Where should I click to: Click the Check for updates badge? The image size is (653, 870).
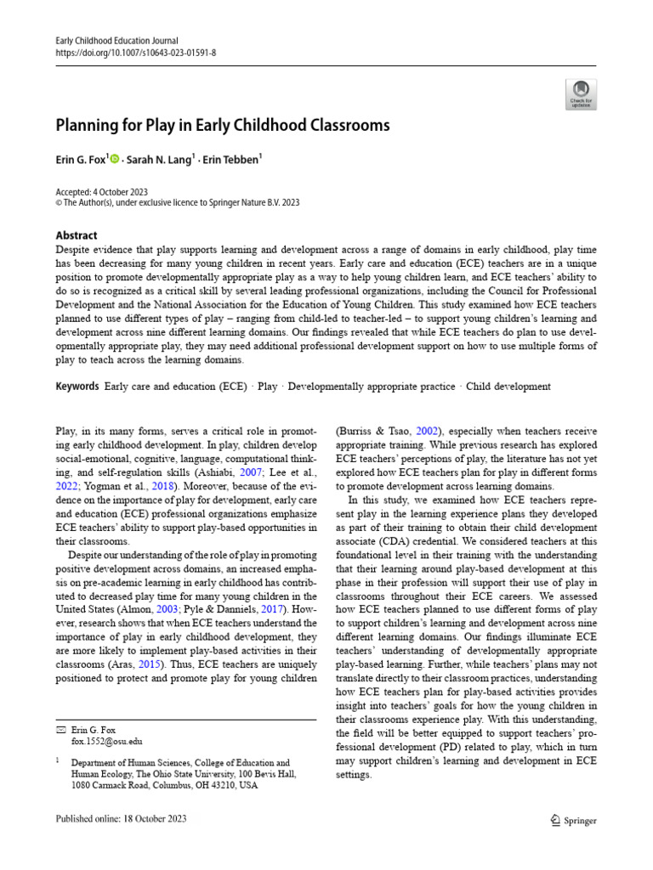[x=581, y=93]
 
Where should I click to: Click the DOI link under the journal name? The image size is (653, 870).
[x=136, y=52]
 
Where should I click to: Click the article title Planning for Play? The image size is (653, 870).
[x=223, y=126]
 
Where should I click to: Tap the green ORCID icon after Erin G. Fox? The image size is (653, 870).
[x=115, y=158]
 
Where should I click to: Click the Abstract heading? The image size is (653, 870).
[x=76, y=235]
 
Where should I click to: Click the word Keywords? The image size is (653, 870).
[x=77, y=387]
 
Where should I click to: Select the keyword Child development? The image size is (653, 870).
[x=508, y=387]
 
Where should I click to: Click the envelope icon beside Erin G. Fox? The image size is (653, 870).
[x=60, y=730]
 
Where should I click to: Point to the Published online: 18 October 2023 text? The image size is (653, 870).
[x=121, y=819]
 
